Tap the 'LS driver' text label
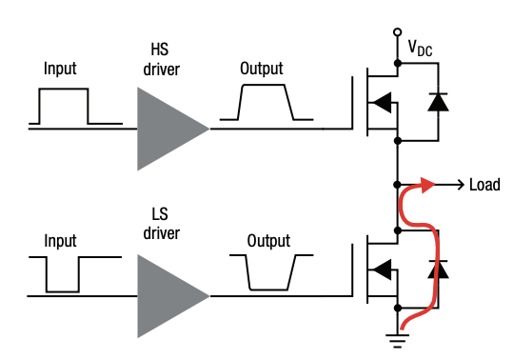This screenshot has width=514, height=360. coord(164,225)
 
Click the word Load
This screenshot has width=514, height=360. coord(484,185)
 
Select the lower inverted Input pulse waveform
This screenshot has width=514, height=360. coord(63,274)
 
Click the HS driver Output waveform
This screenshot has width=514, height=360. coord(266,101)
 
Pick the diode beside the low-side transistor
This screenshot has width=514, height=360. coord(438,270)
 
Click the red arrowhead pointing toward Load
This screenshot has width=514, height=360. coord(427,184)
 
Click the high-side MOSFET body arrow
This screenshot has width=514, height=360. coord(381,101)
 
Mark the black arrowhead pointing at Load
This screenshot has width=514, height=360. coord(460,185)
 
